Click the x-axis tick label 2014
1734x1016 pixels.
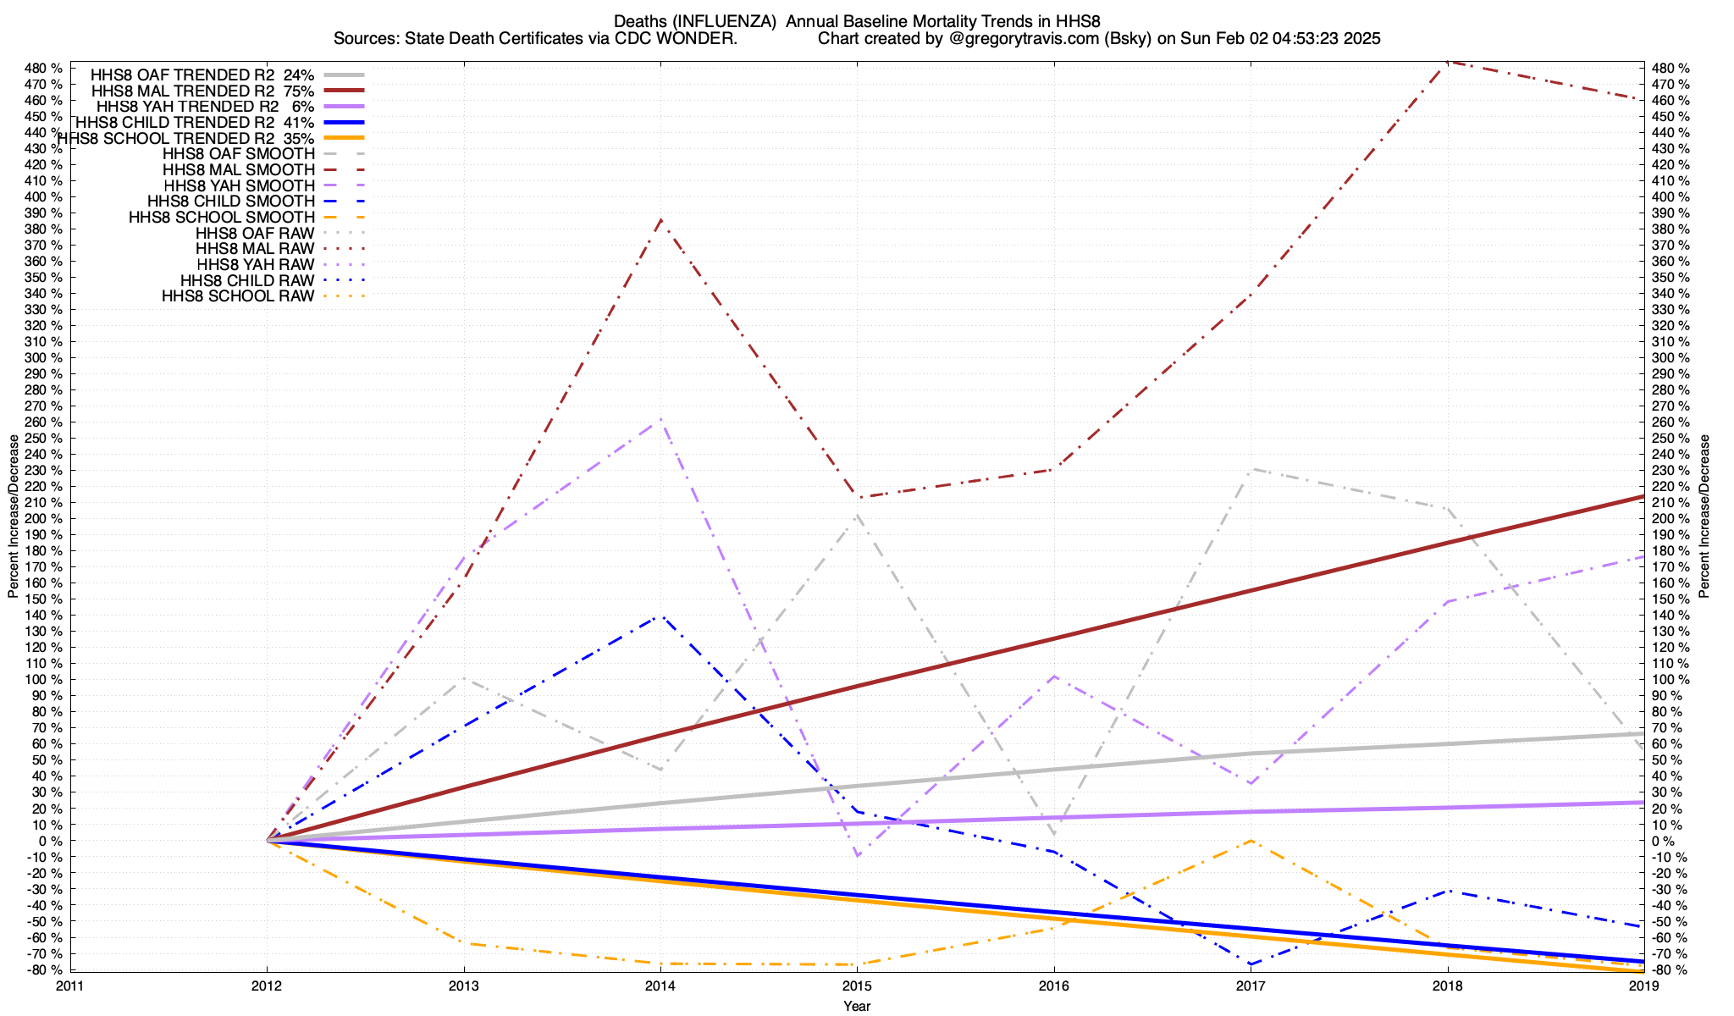coord(660,985)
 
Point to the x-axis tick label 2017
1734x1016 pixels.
coord(1250,985)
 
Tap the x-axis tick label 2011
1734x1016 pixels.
coord(70,985)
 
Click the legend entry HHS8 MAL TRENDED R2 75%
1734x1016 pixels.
coord(202,91)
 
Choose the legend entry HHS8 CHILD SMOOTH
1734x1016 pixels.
coord(231,202)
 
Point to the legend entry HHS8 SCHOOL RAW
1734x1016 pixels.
coord(238,296)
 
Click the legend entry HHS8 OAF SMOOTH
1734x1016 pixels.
coord(238,154)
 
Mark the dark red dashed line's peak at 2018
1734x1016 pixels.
coord(1448,62)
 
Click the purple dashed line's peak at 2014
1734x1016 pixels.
coord(660,420)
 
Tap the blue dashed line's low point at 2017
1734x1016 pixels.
coord(1251,964)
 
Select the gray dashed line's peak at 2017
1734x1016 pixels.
coord(1251,470)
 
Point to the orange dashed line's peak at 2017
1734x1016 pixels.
coord(1251,841)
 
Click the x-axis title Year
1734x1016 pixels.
coord(857,1006)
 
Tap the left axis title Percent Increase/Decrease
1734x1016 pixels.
coord(14,516)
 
